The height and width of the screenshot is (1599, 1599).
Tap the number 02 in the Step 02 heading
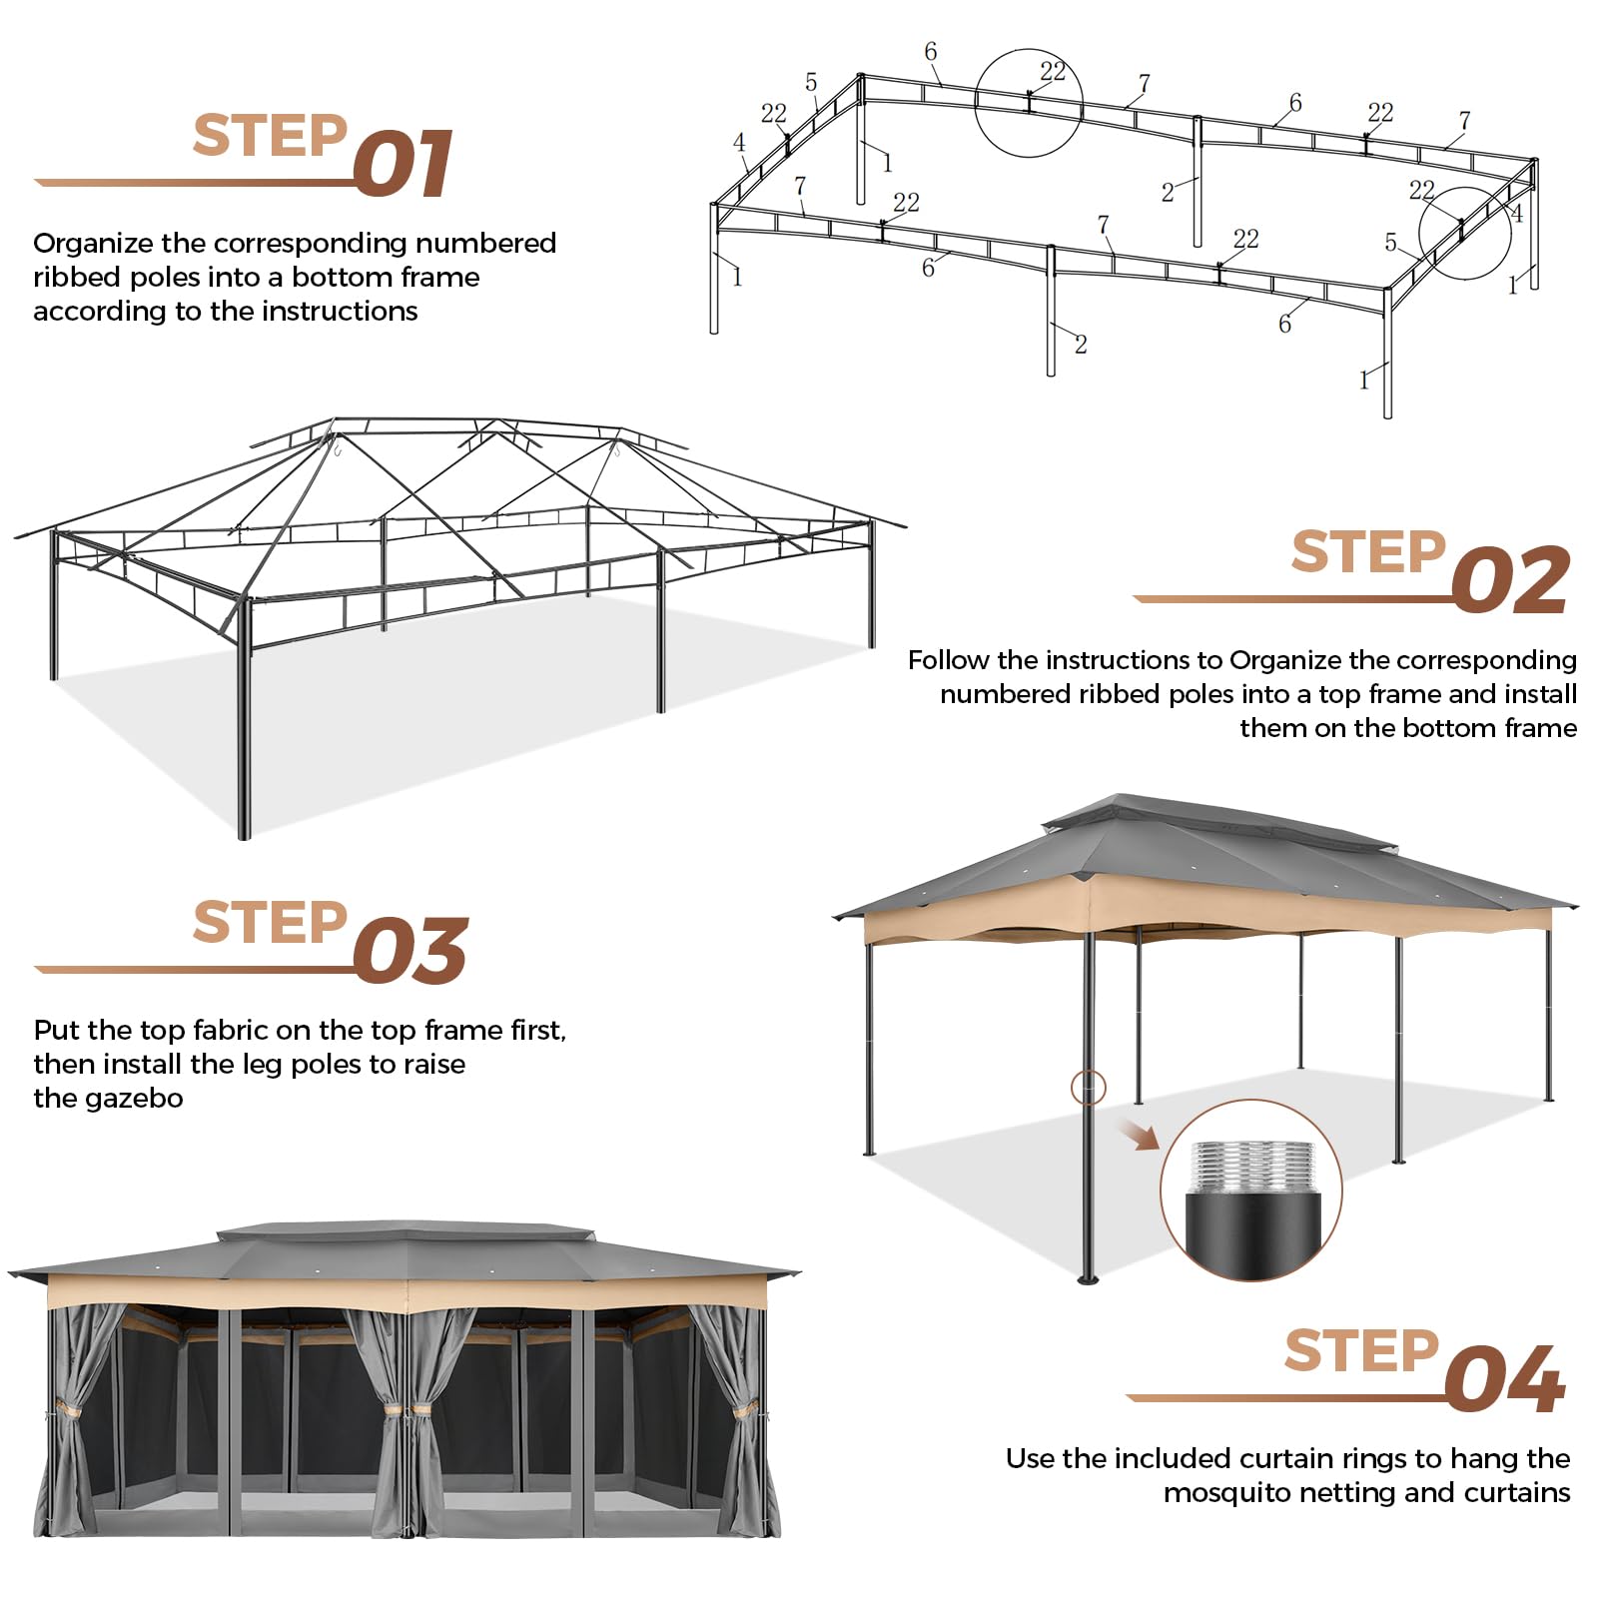(1509, 581)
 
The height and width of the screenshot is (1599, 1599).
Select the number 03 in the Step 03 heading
(409, 952)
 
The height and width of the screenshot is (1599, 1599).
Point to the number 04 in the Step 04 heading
(1504, 1379)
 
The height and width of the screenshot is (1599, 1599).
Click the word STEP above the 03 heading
(270, 922)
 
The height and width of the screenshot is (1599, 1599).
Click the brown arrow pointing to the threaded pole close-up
(1139, 1135)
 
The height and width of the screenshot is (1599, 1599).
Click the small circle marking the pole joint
(1088, 1087)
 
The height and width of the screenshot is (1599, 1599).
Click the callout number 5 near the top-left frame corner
(811, 82)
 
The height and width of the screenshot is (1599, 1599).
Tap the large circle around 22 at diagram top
(1028, 102)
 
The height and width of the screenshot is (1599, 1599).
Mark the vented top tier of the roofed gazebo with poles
(1218, 824)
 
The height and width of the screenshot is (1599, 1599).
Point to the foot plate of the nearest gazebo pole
(1088, 1279)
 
